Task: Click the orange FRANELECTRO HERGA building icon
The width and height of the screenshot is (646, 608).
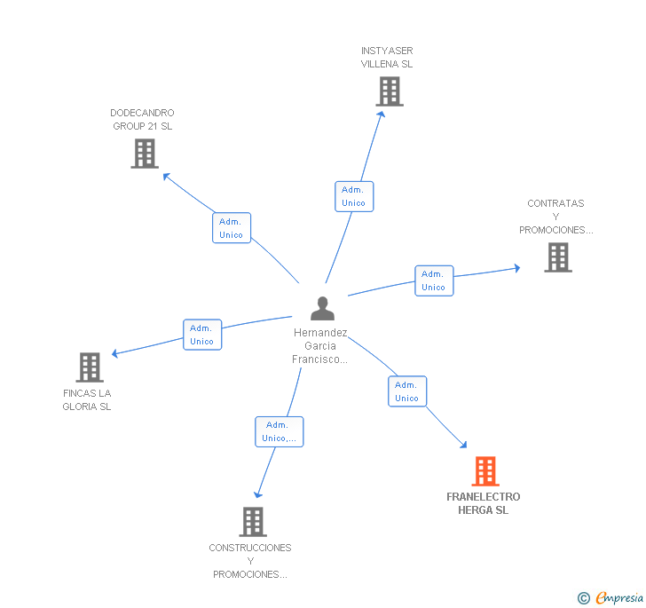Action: click(x=484, y=470)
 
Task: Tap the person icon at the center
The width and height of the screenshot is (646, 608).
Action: click(x=322, y=308)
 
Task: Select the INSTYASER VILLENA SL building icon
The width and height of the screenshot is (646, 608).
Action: click(x=389, y=91)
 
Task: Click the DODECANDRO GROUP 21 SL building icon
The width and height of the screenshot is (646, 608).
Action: click(x=144, y=153)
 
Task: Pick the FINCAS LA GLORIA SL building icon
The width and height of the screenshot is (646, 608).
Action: click(x=89, y=367)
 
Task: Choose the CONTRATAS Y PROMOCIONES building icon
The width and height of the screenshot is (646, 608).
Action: click(x=557, y=257)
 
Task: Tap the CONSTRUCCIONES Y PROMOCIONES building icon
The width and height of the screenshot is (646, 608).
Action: click(x=253, y=521)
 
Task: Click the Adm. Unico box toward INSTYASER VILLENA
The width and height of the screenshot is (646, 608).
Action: click(x=353, y=196)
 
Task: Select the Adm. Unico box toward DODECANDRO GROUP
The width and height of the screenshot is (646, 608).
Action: click(x=231, y=228)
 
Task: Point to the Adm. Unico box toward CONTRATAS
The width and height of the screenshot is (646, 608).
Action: click(x=433, y=280)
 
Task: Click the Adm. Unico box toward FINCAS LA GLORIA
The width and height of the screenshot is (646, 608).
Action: click(x=201, y=335)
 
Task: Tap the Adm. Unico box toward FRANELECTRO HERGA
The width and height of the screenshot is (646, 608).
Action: click(x=406, y=391)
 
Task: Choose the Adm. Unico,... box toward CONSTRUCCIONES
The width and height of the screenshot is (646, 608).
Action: click(x=279, y=431)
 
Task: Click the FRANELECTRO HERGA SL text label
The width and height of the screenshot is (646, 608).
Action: click(x=484, y=503)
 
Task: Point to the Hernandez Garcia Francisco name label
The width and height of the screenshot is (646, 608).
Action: click(x=319, y=346)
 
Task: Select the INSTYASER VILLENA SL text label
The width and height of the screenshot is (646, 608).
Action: click(x=387, y=57)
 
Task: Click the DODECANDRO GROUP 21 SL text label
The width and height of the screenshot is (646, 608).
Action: click(x=142, y=119)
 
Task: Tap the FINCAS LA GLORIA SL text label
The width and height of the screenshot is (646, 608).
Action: click(x=87, y=399)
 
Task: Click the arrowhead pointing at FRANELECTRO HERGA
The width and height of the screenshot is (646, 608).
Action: click(x=462, y=444)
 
